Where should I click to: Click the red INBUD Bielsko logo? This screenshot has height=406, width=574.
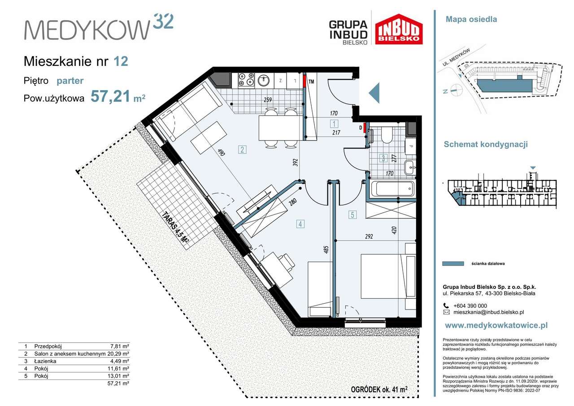pos(399,29)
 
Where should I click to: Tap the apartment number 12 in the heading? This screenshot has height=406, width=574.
pos(121,61)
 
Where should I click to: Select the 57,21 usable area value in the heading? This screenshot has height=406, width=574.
pos(110,96)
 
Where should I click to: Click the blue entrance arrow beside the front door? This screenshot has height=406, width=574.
pos(374,93)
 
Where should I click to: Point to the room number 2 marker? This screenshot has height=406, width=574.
pos(242,149)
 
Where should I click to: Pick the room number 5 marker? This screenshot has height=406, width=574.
pos(352,215)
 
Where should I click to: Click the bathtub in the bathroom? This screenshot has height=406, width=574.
pos(392,188)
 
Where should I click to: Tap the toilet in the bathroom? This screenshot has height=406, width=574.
pos(387,135)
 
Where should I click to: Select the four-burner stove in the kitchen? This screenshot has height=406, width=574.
pos(246,80)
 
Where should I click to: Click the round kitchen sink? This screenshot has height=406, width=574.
pos(264,80)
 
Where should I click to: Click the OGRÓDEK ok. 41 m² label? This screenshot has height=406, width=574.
pos(379,389)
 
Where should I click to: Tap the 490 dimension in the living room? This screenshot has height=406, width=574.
pos(221,152)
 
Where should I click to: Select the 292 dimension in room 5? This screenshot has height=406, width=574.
pos(369,236)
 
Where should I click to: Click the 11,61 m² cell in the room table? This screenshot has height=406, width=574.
pos(119,369)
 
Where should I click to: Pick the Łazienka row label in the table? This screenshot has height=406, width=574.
pos(45,361)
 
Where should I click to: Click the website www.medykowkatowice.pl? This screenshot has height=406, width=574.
pos(496,326)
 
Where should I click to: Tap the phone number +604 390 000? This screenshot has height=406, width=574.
pos(470,306)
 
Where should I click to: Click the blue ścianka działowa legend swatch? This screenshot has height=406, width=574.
pos(453,263)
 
